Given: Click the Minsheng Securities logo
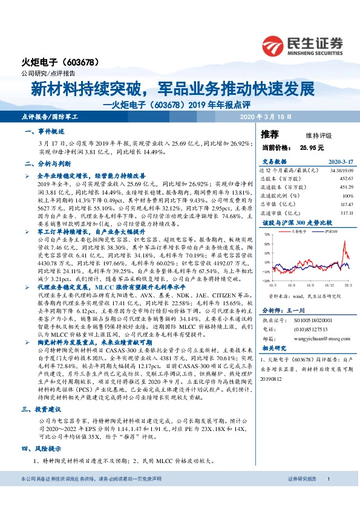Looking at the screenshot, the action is click(303, 44).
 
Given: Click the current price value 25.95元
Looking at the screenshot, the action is click(310, 147).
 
